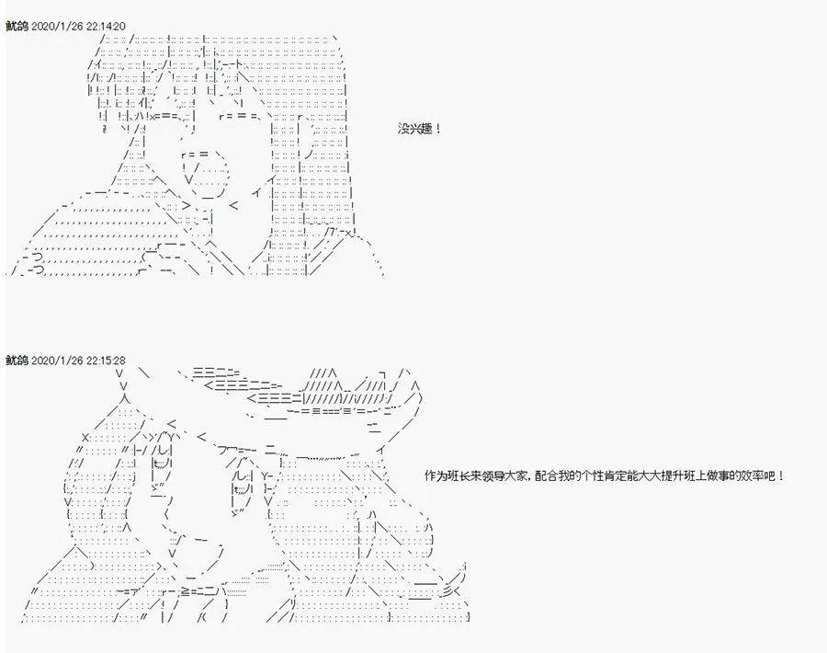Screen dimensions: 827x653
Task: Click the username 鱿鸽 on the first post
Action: point(16,25)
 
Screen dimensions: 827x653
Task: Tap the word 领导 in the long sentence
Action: point(496,475)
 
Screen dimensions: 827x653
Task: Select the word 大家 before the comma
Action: point(521,475)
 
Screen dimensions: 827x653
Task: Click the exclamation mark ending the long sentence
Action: point(782,475)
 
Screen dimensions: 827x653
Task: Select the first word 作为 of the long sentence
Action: point(435,475)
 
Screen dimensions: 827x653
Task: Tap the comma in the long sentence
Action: point(534,478)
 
